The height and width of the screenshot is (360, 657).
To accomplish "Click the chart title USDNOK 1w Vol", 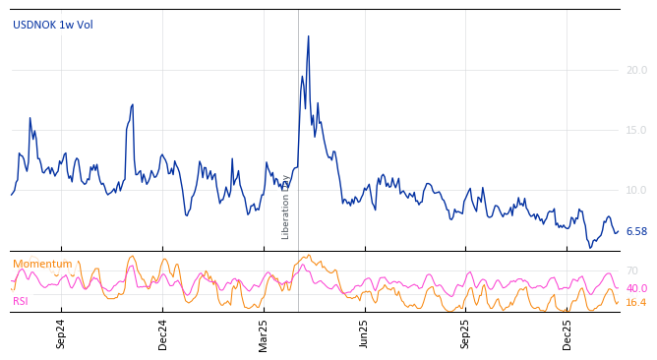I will click(x=53, y=25).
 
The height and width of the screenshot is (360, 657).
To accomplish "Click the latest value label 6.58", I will click(x=636, y=232).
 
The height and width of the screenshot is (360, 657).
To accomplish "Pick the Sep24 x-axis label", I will click(x=61, y=333).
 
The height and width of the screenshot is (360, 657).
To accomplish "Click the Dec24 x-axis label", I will click(x=163, y=333).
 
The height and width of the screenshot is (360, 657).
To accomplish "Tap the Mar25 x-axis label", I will click(x=264, y=333).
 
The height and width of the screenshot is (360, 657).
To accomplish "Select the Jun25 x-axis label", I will click(x=364, y=333).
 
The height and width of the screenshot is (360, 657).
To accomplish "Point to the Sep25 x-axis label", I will click(x=465, y=333).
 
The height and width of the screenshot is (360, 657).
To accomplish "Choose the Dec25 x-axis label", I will click(x=567, y=333).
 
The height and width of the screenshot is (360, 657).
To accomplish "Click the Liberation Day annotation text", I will click(x=286, y=207).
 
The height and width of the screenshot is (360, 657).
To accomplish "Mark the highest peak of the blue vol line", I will click(x=308, y=36).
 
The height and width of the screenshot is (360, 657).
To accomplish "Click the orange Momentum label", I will click(x=42, y=264).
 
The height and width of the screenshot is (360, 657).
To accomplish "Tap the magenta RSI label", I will click(x=21, y=301).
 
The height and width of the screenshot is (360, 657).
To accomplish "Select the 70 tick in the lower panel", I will click(x=631, y=270).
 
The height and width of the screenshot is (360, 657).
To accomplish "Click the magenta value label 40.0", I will click(x=636, y=288).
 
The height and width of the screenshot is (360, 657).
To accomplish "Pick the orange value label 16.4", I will click(x=635, y=303).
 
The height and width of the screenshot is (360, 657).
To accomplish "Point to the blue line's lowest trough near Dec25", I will click(x=590, y=246).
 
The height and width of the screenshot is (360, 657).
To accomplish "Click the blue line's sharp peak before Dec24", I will click(x=132, y=104).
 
